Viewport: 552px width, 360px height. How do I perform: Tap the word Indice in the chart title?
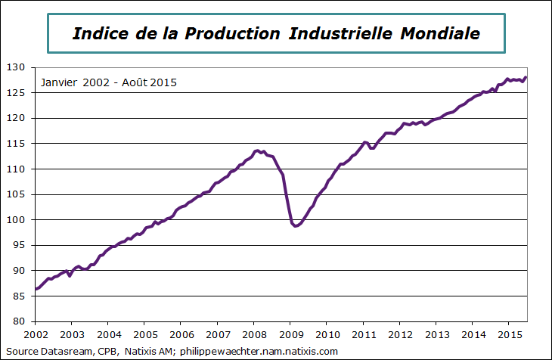(99, 34)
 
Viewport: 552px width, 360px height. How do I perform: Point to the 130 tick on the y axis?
(17, 67)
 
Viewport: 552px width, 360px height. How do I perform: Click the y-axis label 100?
(17, 220)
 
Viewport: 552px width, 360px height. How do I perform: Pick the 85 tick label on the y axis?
(20, 296)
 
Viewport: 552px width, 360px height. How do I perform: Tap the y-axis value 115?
(17, 144)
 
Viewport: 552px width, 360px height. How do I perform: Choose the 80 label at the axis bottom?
(20, 321)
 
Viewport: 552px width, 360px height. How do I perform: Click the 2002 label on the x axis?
(36, 334)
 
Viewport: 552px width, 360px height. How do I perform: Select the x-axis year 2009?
(290, 334)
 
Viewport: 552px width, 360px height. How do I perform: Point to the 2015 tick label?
(508, 334)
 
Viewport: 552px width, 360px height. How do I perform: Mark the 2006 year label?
(181, 334)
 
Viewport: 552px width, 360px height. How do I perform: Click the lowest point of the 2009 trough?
(296, 226)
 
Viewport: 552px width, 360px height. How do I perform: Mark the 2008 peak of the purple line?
(258, 151)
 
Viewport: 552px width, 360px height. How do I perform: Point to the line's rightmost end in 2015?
(526, 77)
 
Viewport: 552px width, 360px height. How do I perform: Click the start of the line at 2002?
(36, 289)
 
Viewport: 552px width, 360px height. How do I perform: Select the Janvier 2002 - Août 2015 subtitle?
(109, 82)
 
